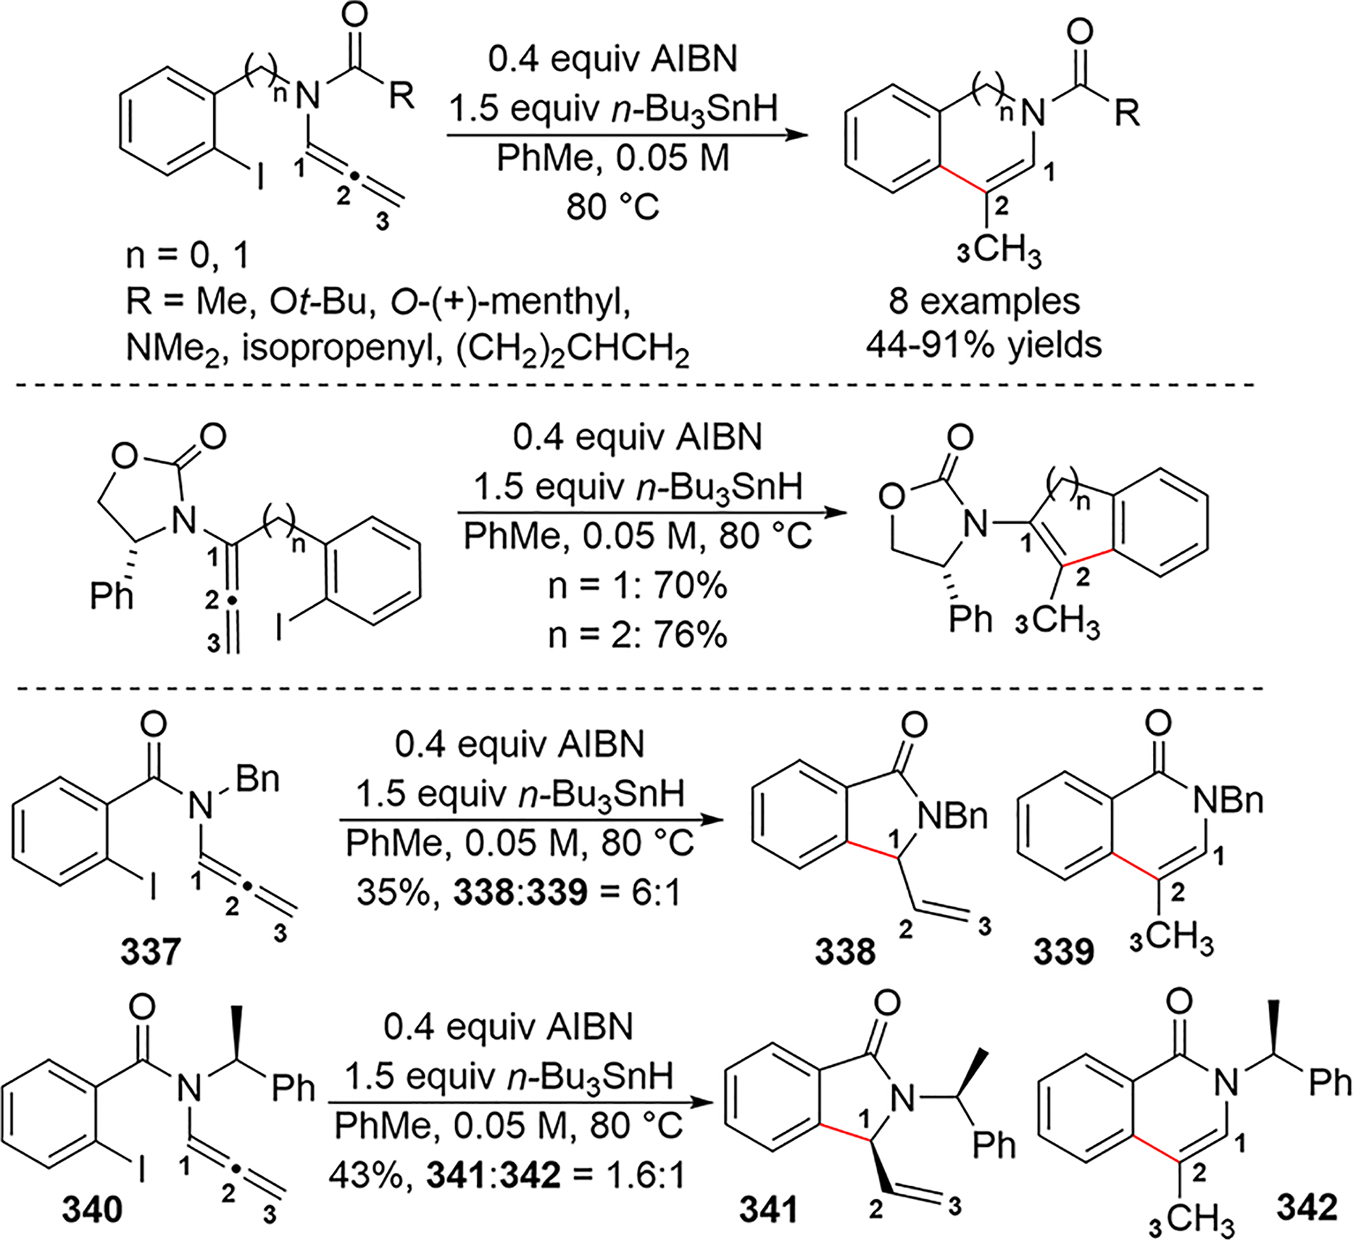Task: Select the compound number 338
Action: (845, 952)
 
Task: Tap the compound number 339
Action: (1064, 953)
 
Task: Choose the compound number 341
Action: (769, 1210)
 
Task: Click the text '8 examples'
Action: (984, 301)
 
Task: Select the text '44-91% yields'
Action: (984, 345)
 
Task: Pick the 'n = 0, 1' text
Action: (187, 258)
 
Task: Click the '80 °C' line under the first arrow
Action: (612, 207)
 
